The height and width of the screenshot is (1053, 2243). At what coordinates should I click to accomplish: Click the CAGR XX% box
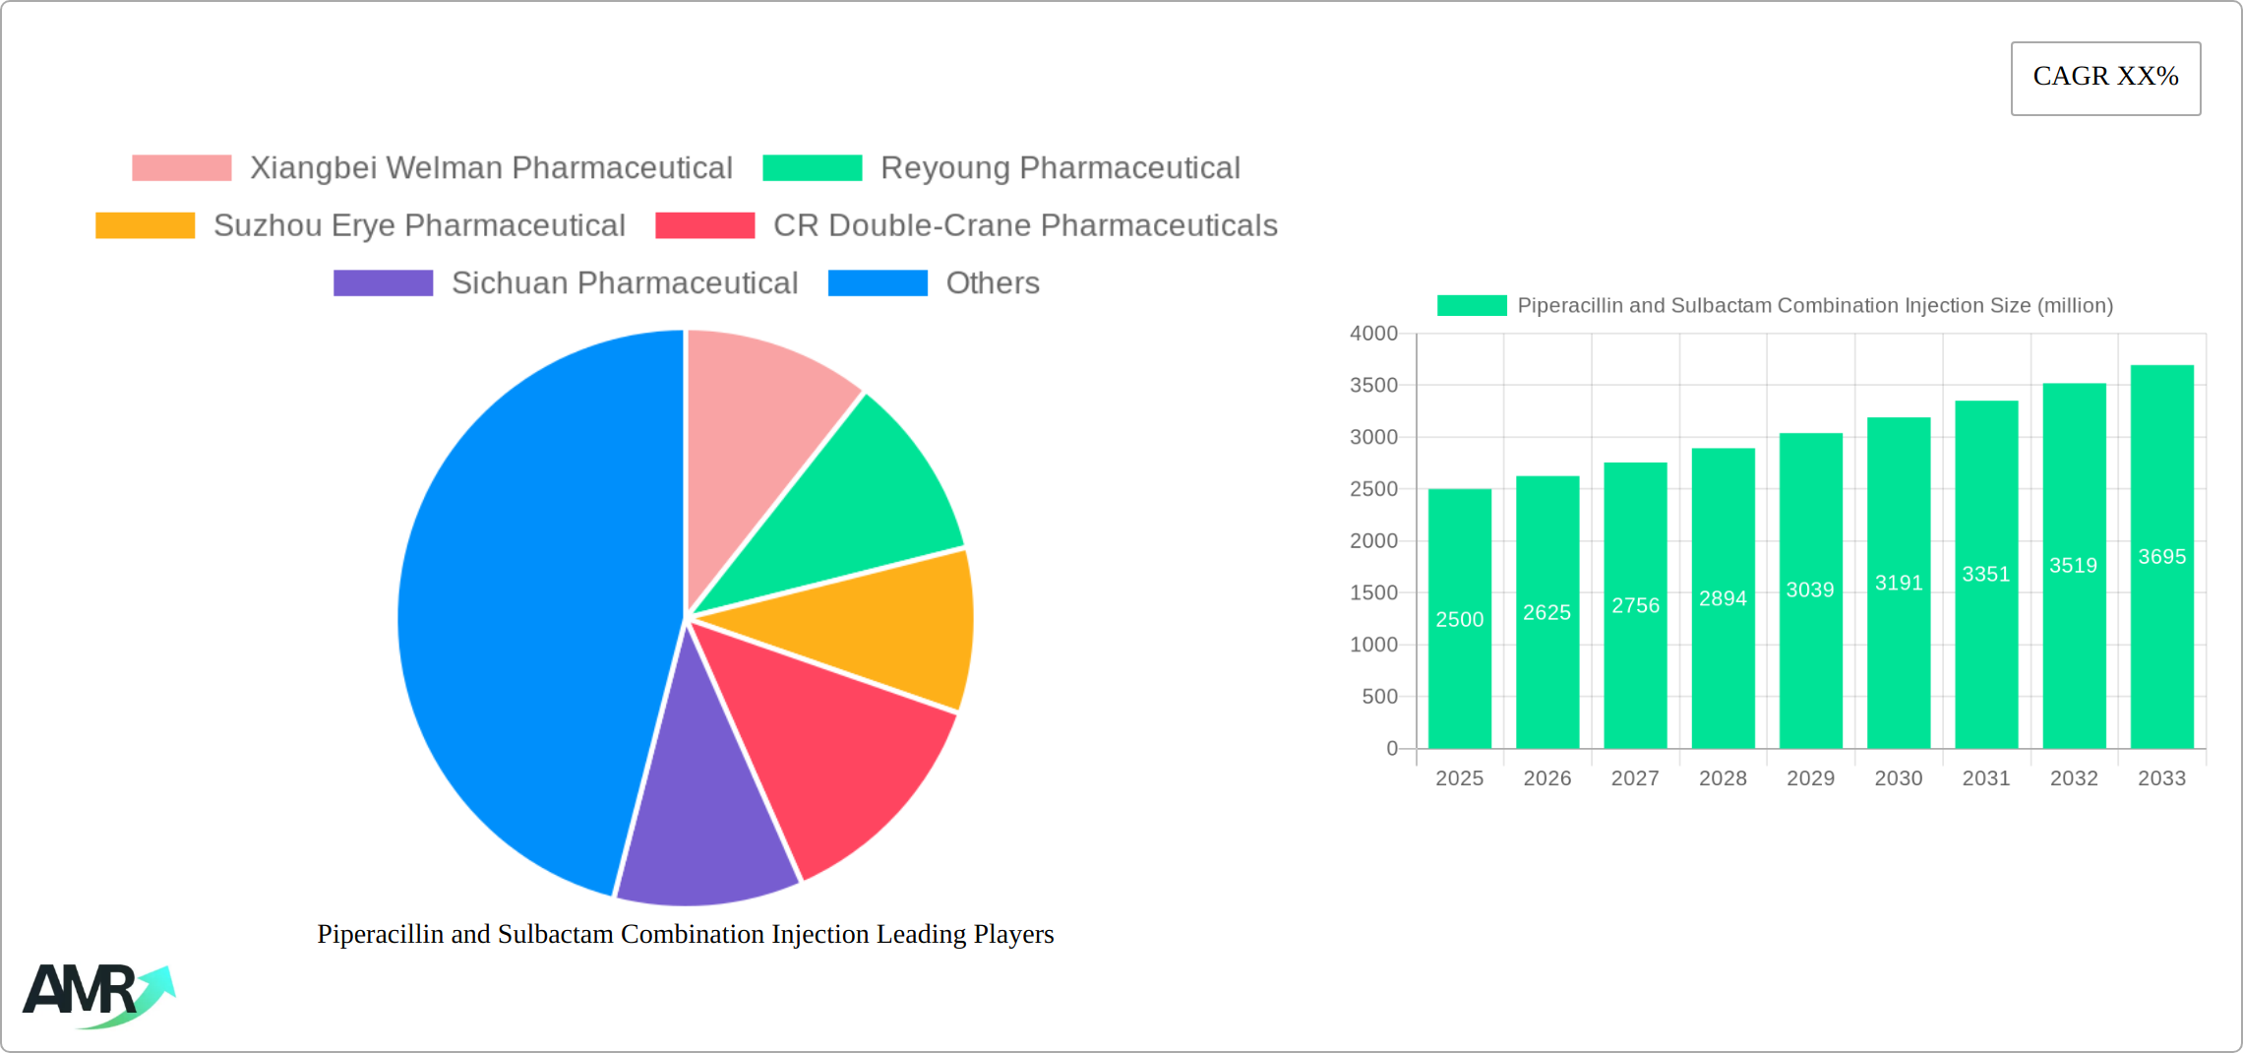click(x=2105, y=78)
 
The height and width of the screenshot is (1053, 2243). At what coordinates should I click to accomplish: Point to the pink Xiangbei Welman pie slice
click(x=758, y=413)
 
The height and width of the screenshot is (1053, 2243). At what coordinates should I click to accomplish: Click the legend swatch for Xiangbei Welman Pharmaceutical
click(x=182, y=168)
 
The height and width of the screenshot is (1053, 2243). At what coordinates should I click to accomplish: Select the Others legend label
click(x=992, y=283)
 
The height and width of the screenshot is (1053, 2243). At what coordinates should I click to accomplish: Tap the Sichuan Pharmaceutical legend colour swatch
click(x=383, y=283)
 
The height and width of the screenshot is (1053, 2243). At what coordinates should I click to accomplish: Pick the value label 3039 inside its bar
click(x=1810, y=589)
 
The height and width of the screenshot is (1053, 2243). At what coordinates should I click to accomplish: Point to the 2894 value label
click(x=1723, y=598)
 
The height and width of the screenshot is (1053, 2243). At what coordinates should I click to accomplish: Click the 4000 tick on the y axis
click(x=1373, y=334)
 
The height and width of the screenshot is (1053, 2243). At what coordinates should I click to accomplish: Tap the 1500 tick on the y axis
click(x=1373, y=592)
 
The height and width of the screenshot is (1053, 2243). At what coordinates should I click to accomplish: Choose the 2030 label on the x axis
click(x=1898, y=778)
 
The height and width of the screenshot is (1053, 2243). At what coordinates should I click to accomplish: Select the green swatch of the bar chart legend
click(x=1471, y=306)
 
